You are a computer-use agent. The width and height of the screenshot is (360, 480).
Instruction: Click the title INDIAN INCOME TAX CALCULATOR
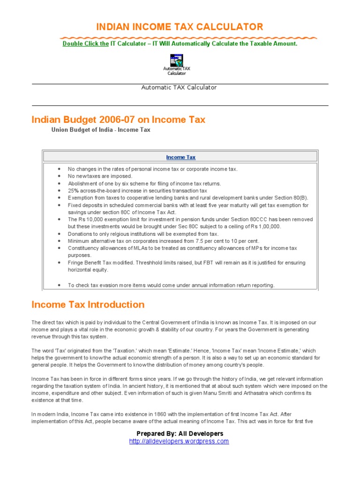tap(180, 27)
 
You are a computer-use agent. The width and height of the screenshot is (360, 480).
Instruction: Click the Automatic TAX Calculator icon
tap(177, 60)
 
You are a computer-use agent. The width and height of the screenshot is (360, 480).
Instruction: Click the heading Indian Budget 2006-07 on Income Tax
tap(118, 120)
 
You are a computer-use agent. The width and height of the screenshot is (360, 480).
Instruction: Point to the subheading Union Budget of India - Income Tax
tap(101, 130)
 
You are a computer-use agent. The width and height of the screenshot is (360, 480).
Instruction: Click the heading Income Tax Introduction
tap(88, 305)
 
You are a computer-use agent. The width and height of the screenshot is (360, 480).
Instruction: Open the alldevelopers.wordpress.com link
tap(179, 442)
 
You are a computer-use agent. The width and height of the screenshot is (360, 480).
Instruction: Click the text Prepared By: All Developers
tap(180, 434)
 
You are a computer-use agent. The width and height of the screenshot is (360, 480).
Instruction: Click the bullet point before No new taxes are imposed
tap(59, 176)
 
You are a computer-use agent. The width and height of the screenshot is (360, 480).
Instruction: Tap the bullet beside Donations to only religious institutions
tap(59, 234)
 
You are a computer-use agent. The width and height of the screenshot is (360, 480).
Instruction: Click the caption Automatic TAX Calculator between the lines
tap(179, 88)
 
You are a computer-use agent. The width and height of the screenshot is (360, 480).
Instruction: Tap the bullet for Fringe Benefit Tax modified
tap(59, 263)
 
